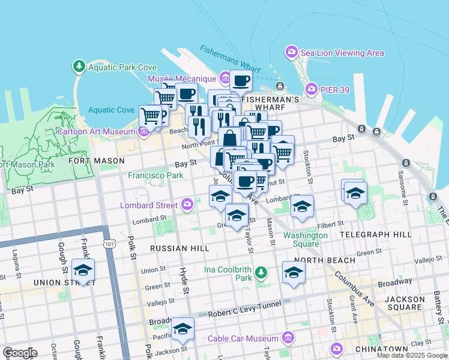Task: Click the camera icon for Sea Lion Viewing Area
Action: pyautogui.click(x=292, y=52)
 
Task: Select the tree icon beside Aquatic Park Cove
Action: pyautogui.click(x=79, y=67)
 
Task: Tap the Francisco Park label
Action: pyautogui.click(x=155, y=176)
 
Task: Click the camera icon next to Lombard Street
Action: pyautogui.click(x=188, y=205)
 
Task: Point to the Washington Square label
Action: pyautogui.click(x=306, y=239)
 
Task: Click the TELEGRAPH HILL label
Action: pyautogui.click(x=375, y=234)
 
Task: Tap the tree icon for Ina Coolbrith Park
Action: pyautogui.click(x=261, y=274)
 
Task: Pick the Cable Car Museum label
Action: pyautogui.click(x=243, y=338)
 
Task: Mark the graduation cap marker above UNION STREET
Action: pyautogui.click(x=83, y=269)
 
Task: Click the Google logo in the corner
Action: pyautogui.click(x=20, y=353)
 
